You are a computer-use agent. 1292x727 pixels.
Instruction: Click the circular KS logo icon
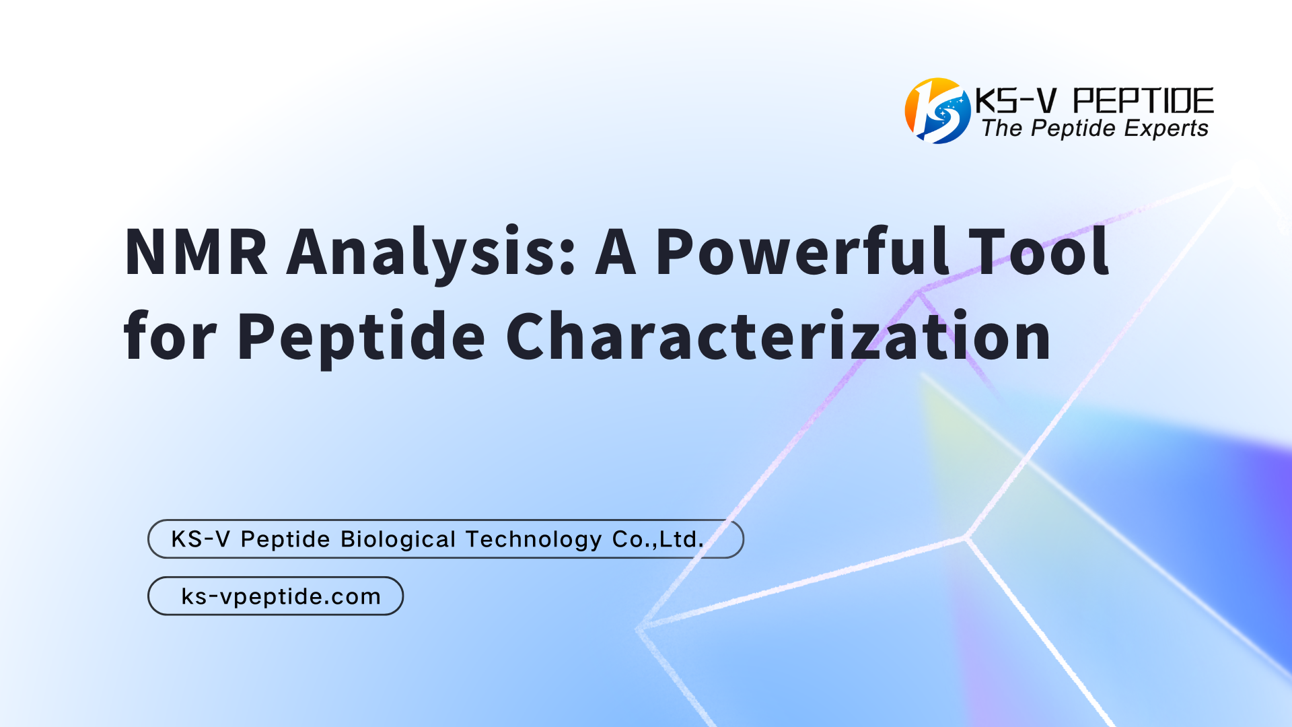937,111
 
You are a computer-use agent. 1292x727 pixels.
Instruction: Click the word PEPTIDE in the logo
1143,101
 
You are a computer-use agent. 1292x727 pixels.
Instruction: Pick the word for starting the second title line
170,335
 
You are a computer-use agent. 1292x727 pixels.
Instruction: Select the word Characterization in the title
778,335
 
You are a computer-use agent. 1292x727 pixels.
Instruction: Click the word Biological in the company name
398,539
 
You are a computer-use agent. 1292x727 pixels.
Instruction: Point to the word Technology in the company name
534,539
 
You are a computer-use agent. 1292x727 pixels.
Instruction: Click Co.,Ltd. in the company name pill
658,539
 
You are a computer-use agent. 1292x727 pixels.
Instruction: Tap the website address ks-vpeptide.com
281,596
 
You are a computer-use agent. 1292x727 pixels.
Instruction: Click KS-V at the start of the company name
201,539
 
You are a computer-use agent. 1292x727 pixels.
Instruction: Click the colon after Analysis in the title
567,257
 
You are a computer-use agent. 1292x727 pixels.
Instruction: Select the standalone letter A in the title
616,252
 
